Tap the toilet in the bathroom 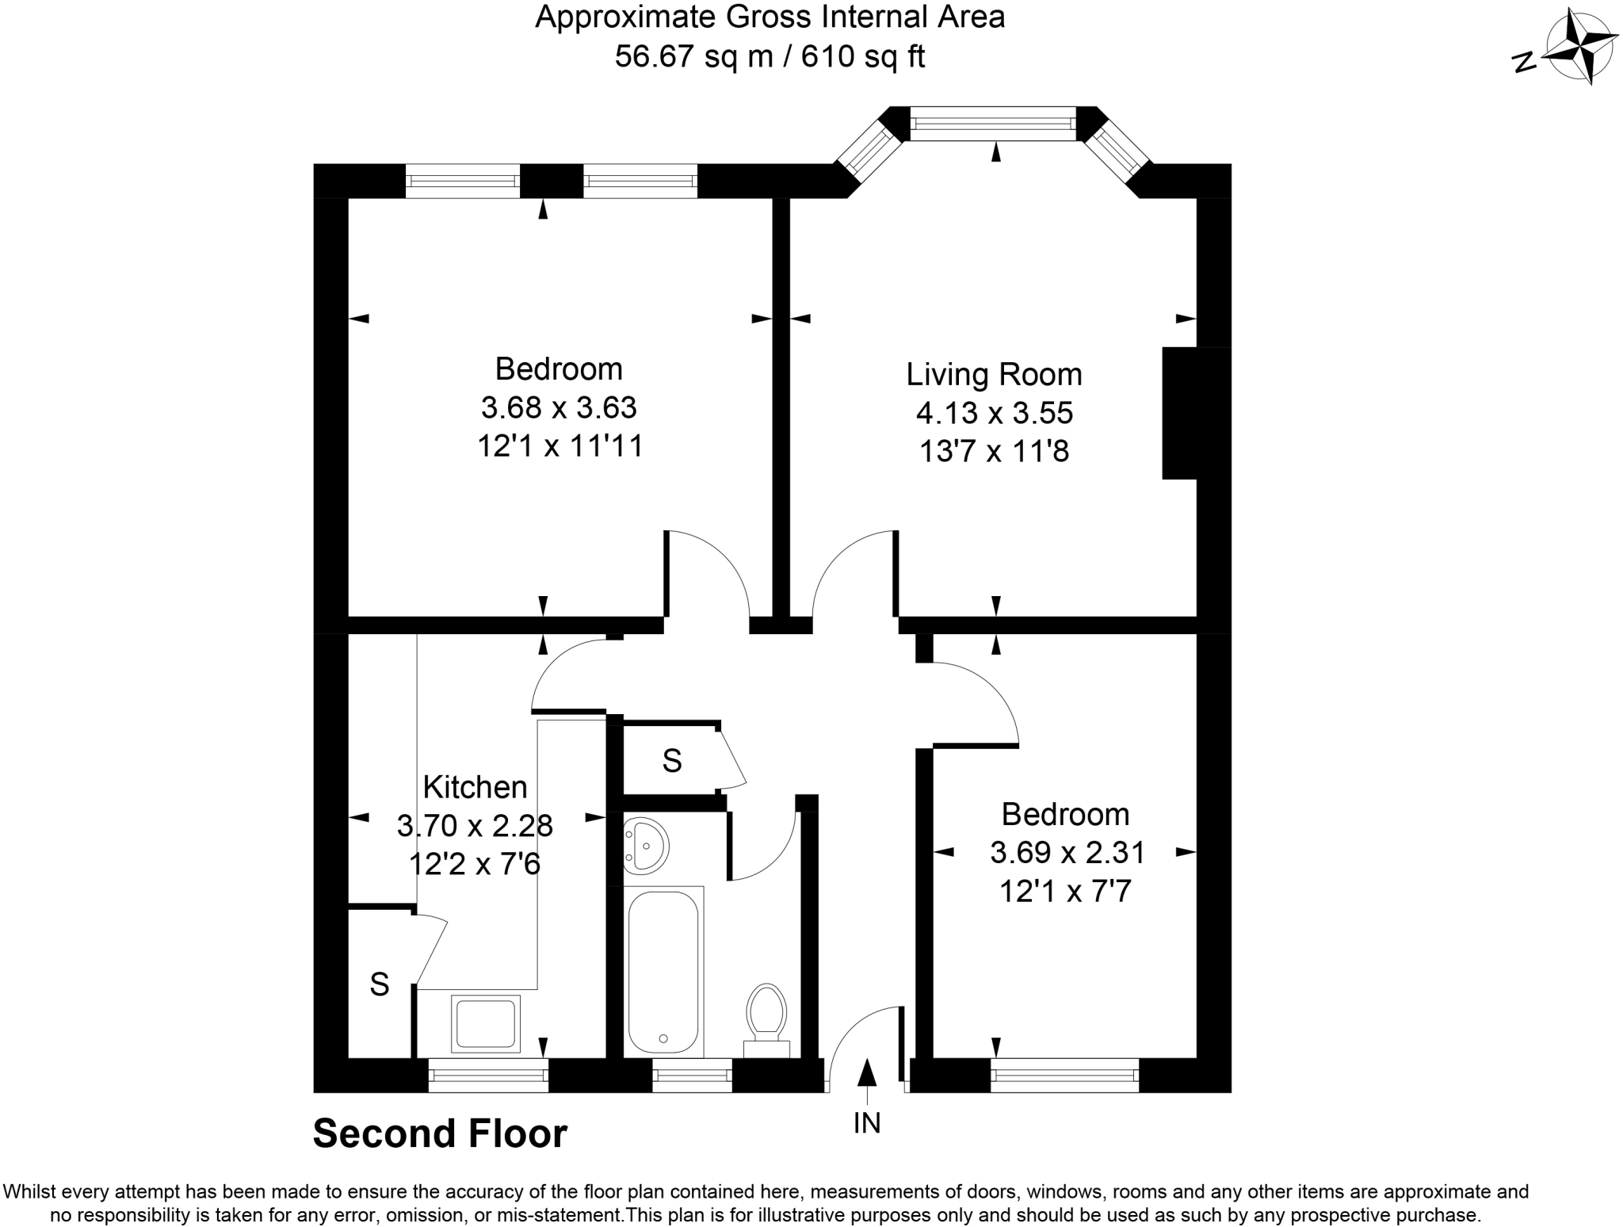pyautogui.click(x=766, y=1019)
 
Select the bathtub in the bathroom pyautogui.click(x=663, y=972)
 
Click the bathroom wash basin pyautogui.click(x=645, y=846)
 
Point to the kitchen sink pyautogui.click(x=486, y=1022)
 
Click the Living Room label pyautogui.click(x=994, y=374)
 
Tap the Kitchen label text pyautogui.click(x=475, y=787)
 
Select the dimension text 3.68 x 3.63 pyautogui.click(x=559, y=407)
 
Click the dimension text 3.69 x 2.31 pyautogui.click(x=1067, y=853)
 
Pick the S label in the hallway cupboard pyautogui.click(x=672, y=761)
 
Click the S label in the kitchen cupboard pyautogui.click(x=380, y=984)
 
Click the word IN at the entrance pyautogui.click(x=868, y=1123)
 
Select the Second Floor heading pyautogui.click(x=440, y=1133)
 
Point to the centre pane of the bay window pyautogui.click(x=993, y=124)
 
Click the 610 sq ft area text pyautogui.click(x=863, y=56)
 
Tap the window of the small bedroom pyautogui.click(x=1064, y=1076)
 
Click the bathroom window pyautogui.click(x=692, y=1076)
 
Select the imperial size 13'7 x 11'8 pyautogui.click(x=994, y=452)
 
